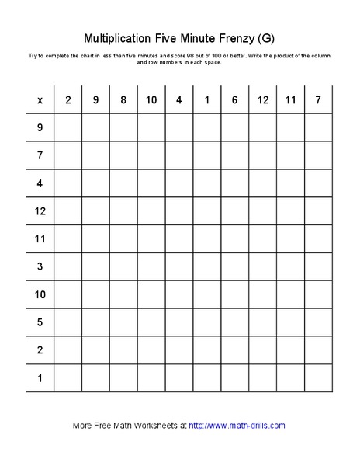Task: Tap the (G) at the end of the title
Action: pos(266,37)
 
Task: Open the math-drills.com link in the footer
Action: pos(237,426)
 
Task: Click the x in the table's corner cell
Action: pos(40,100)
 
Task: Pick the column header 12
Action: pos(262,100)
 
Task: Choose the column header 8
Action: pos(123,100)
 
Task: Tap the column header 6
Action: pos(234,100)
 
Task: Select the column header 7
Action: pos(318,100)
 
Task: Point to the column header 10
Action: pos(151,100)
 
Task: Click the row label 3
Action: pos(40,266)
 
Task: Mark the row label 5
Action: pos(40,322)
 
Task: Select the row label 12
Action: pos(40,211)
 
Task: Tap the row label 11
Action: pos(40,238)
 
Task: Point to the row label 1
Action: pos(40,378)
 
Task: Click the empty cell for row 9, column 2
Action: pos(67,127)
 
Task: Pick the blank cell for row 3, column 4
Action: pos(178,266)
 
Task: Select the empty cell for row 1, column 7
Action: pos(318,378)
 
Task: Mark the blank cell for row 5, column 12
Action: pos(262,322)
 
